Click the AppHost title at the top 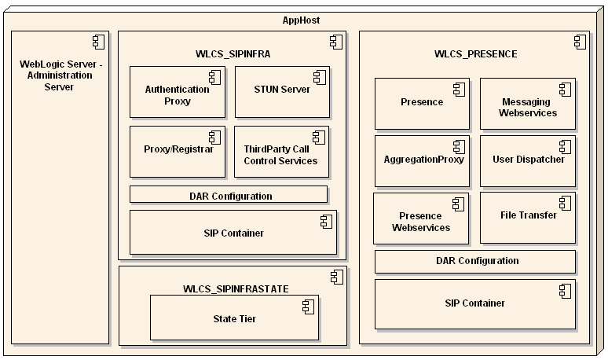pos(300,20)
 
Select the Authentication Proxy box pos(178,95)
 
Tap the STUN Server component pos(282,90)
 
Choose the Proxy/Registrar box pos(178,149)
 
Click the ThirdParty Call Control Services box pos(281,154)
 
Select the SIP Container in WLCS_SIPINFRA pos(233,233)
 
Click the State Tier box pos(234,318)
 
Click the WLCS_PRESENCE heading pos(475,54)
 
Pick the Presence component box pos(422,103)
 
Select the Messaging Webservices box pos(527,107)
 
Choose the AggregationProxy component pos(422,160)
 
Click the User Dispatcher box pos(528,160)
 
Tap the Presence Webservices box pos(420,221)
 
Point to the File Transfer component pos(528,215)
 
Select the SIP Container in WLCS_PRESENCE pos(475,303)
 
